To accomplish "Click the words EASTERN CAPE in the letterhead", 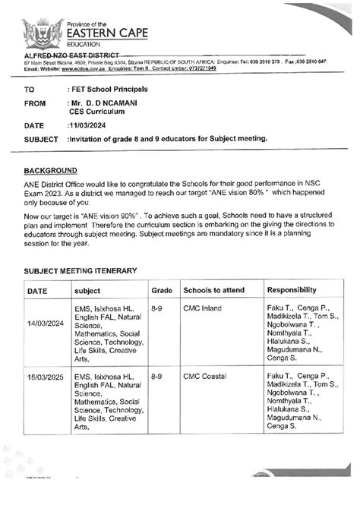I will (108, 32).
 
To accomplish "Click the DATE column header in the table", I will (38, 291).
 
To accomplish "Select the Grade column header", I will (162, 291).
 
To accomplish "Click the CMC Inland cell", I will (201, 310).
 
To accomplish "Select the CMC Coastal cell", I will (204, 376).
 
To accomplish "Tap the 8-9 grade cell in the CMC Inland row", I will (157, 310).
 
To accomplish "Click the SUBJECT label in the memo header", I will (41, 140).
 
